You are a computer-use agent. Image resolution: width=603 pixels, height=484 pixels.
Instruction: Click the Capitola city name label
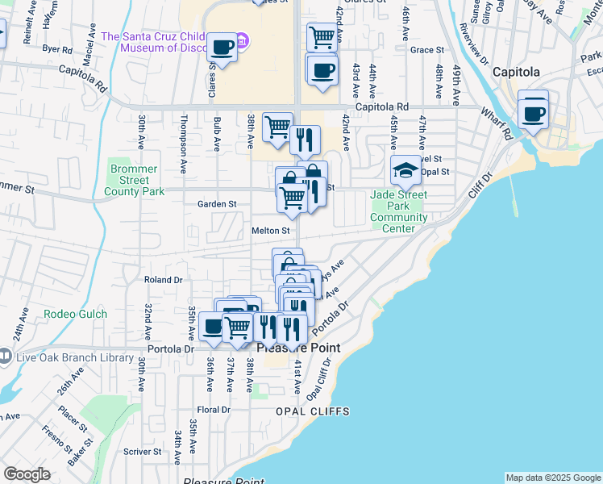(516, 72)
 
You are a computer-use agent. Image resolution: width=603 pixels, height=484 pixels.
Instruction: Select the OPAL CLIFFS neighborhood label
(313, 411)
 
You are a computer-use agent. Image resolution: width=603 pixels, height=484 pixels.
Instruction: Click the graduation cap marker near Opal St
(405, 170)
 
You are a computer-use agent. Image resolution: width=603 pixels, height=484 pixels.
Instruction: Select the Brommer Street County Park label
(135, 178)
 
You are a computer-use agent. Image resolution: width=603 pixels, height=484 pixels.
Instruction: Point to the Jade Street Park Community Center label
(399, 211)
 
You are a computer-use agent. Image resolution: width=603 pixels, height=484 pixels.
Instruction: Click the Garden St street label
(217, 205)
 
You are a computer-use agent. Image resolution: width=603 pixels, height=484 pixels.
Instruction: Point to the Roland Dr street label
(163, 280)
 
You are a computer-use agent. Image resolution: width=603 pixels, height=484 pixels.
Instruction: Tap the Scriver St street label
(144, 452)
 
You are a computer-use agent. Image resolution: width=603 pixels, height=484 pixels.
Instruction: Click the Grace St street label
(427, 49)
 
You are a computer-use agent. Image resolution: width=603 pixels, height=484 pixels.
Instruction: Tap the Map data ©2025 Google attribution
(552, 478)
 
